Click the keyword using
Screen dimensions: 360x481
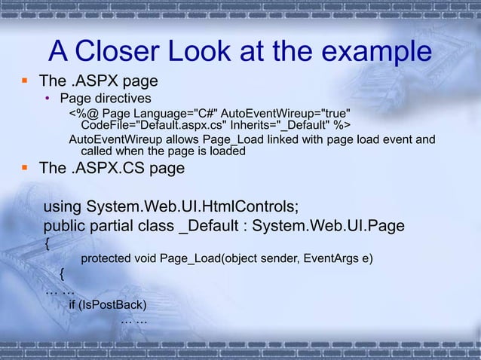coord(63,206)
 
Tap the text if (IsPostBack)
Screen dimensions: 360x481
coord(107,305)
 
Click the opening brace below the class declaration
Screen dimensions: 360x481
coord(47,243)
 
